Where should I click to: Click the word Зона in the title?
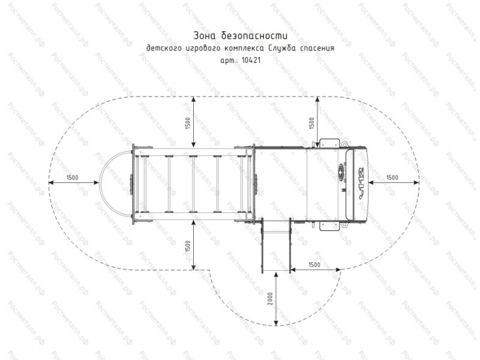[204, 35]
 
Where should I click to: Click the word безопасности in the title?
[254, 35]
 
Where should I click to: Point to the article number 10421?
[251, 60]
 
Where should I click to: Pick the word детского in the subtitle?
[162, 49]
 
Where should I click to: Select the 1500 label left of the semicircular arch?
[72, 178]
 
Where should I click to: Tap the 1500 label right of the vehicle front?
[392, 178]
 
